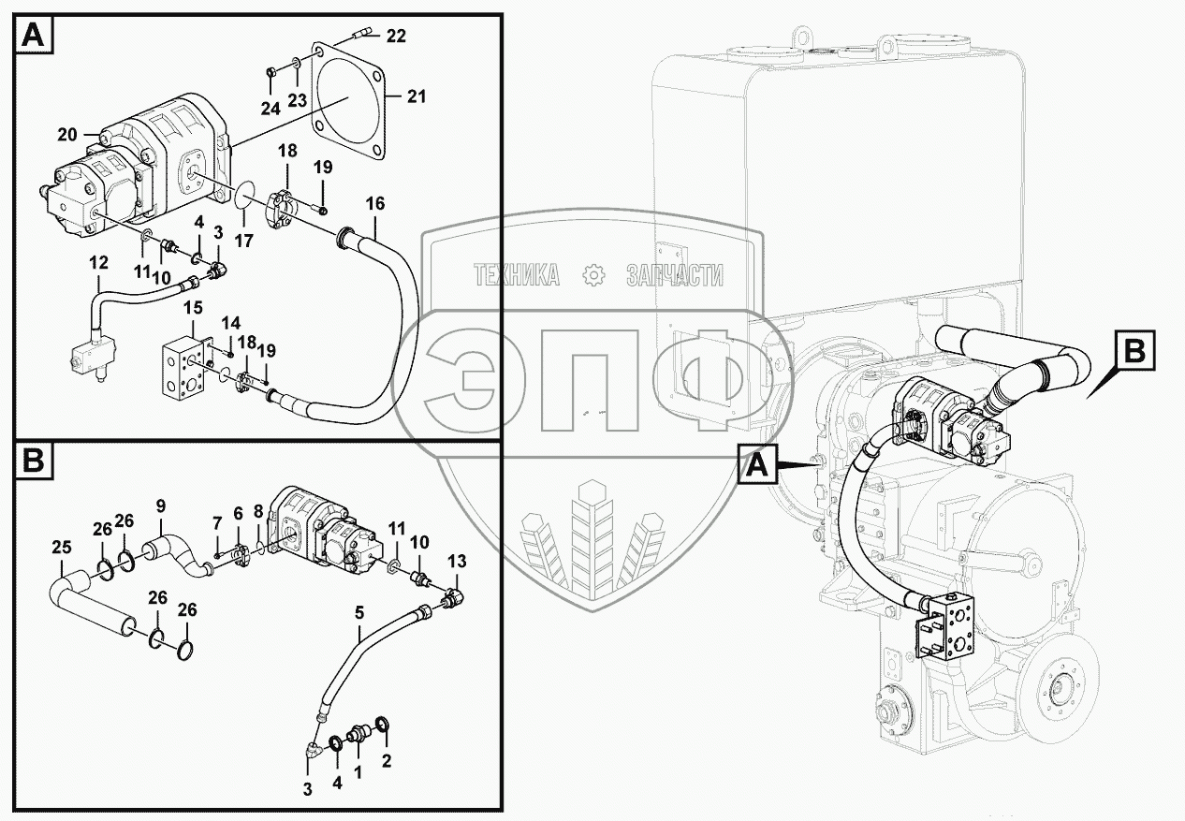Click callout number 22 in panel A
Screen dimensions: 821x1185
[x=396, y=37]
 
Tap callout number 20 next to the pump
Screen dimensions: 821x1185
[x=66, y=134]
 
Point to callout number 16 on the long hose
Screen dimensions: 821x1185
[x=375, y=203]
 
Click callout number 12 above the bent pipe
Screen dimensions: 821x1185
[x=99, y=265]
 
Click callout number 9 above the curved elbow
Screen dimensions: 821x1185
[x=161, y=506]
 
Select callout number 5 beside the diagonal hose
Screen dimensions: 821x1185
[x=359, y=615]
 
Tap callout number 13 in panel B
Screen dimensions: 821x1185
[x=457, y=561]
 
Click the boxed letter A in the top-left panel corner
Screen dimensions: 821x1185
[x=32, y=36]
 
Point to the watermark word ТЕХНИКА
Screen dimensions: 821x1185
[x=517, y=275]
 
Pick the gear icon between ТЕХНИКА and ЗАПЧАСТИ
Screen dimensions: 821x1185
[x=592, y=275]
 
